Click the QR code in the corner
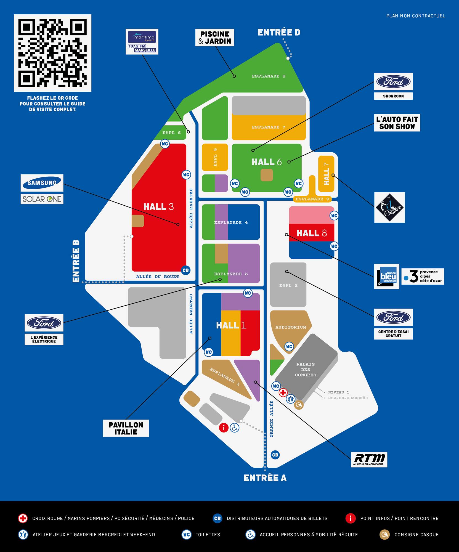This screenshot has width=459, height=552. (52, 53)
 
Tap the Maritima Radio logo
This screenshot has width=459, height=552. (142, 41)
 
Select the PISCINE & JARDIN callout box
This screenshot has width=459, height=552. (215, 38)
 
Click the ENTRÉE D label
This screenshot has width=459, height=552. (279, 33)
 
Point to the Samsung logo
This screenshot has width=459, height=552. (42, 183)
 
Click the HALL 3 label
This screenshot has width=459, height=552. (158, 206)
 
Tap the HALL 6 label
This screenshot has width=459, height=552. (266, 162)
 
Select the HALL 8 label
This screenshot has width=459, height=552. (312, 233)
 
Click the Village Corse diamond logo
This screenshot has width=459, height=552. (389, 208)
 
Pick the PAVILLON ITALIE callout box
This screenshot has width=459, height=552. (126, 428)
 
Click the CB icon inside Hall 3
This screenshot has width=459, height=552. (185, 270)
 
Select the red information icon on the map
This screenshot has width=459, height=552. (224, 428)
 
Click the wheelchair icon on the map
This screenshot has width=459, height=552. (235, 428)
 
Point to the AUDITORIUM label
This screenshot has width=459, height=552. (291, 327)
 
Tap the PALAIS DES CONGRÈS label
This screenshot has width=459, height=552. (305, 370)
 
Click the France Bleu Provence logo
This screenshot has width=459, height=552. (387, 276)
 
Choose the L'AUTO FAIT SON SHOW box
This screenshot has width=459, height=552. (397, 123)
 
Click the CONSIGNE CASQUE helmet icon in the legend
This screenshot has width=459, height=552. (384, 535)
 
